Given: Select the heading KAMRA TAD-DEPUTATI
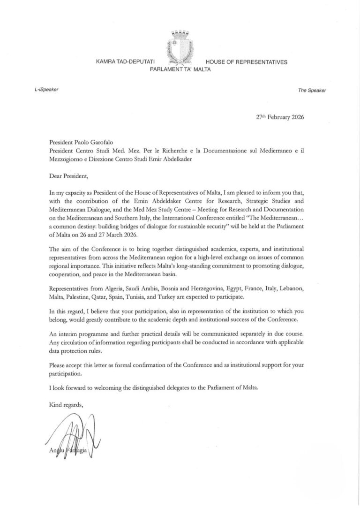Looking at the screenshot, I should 125,62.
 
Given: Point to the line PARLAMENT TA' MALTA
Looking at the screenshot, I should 180,69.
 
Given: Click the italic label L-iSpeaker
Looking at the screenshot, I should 43,89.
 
